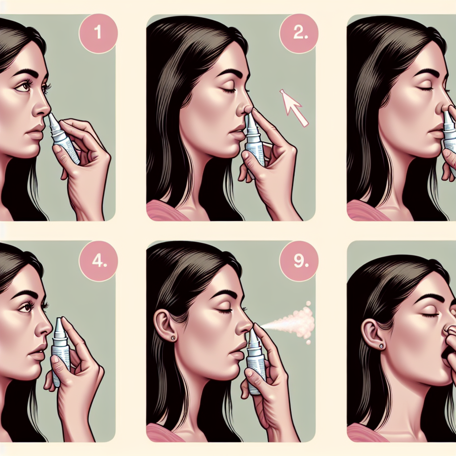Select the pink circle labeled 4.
pyautogui.click(x=98, y=261)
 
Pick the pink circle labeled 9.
pyautogui.click(x=299, y=261)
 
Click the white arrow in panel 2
pyautogui.click(x=294, y=108)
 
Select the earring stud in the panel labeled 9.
pyautogui.click(x=173, y=338)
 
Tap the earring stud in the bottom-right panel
pyautogui.click(x=381, y=346)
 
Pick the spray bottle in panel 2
pyautogui.click(x=254, y=139)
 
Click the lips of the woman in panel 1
pyautogui.click(x=34, y=132)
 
